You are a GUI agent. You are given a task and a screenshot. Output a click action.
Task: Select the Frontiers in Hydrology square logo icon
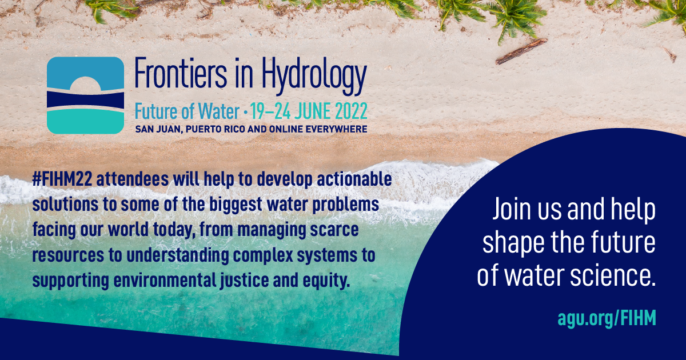86,95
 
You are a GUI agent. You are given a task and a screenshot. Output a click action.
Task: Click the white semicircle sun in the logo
86,83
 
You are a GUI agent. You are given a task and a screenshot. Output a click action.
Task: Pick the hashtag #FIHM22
62,178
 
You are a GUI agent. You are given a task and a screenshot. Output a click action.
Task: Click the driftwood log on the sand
521,51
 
